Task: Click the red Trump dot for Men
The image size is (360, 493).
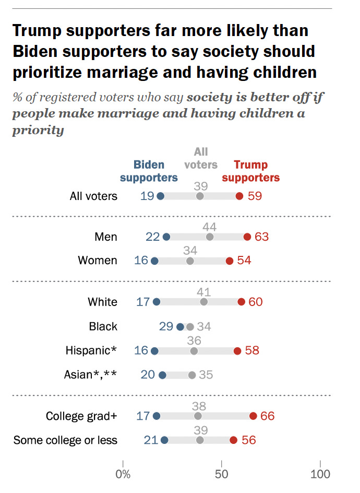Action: pos(247,237)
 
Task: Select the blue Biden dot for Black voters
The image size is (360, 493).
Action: pos(181,327)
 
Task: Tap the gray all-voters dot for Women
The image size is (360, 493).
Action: pos(190,261)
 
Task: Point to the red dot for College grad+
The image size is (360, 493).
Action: pos(253,416)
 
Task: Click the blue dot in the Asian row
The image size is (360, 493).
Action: pos(162,375)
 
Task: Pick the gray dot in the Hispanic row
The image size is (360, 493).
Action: pos(194,351)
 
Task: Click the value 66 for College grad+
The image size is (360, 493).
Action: pos(267,416)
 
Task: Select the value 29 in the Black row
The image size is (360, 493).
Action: pos(166,327)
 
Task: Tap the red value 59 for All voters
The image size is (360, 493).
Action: pos(255,196)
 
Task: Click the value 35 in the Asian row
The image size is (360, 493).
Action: pos(206,375)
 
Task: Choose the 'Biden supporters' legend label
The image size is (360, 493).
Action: pos(149,171)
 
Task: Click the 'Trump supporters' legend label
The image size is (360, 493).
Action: pos(250,171)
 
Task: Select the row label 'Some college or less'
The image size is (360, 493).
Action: pos(65,440)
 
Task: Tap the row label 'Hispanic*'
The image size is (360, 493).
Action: pos(91,351)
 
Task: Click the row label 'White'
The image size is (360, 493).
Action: pos(103,302)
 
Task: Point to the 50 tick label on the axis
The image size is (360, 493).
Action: pos(222,474)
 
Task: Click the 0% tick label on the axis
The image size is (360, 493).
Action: pos(123,474)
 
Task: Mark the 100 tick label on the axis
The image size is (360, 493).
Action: pos(320,474)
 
